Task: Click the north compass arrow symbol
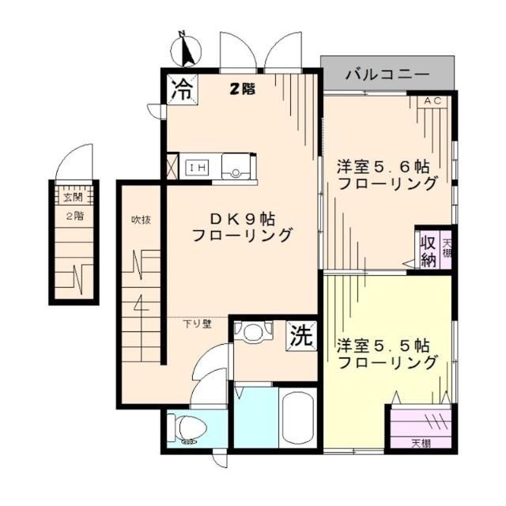click(187, 49)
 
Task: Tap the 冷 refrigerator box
click(180, 89)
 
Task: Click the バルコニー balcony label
click(387, 75)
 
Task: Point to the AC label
click(432, 101)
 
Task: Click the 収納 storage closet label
click(428, 250)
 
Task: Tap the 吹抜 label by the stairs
click(141, 220)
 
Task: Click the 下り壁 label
click(198, 323)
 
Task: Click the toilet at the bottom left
click(189, 429)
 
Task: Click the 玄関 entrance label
click(74, 198)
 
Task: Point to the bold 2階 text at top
click(243, 89)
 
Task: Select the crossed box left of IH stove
click(172, 166)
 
